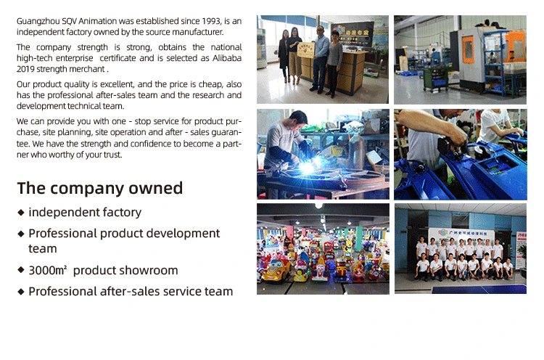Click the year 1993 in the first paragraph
(211, 21)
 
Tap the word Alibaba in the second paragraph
(227, 58)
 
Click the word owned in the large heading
(155, 188)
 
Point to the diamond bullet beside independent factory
(21, 213)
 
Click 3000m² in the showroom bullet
(48, 270)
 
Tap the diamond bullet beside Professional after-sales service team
(21, 292)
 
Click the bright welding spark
(308, 167)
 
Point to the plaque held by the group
(305, 50)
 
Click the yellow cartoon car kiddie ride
(276, 269)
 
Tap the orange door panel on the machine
(469, 49)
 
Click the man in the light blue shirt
(321, 59)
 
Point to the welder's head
(298, 119)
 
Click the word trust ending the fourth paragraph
(114, 155)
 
